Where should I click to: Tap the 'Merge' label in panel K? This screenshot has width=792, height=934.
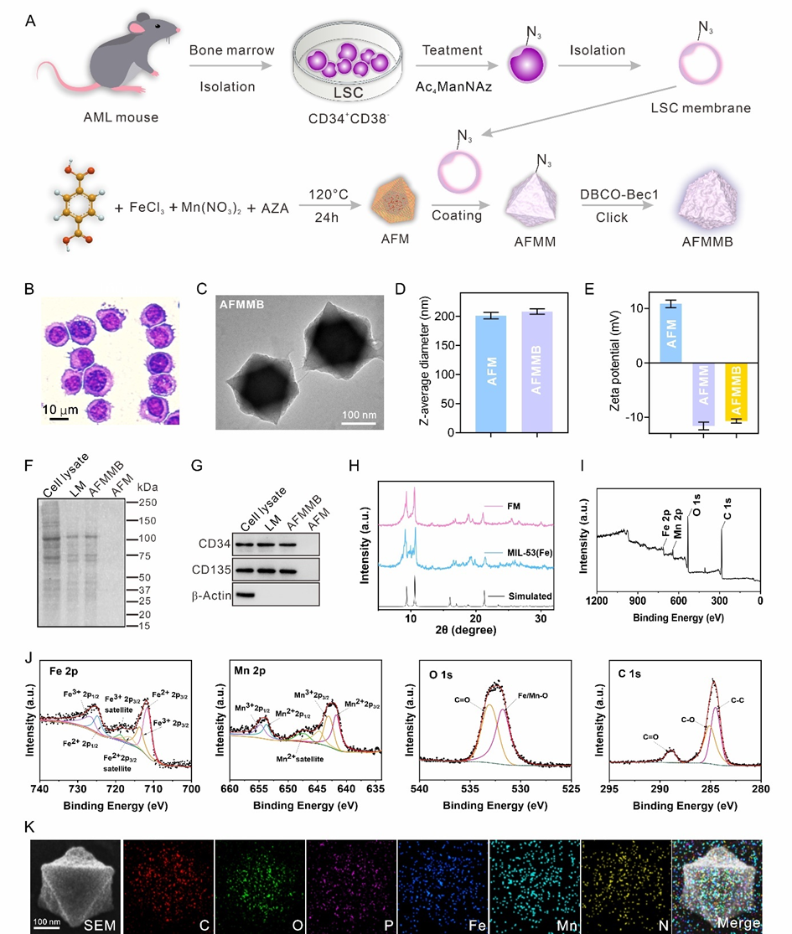[x=738, y=922]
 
